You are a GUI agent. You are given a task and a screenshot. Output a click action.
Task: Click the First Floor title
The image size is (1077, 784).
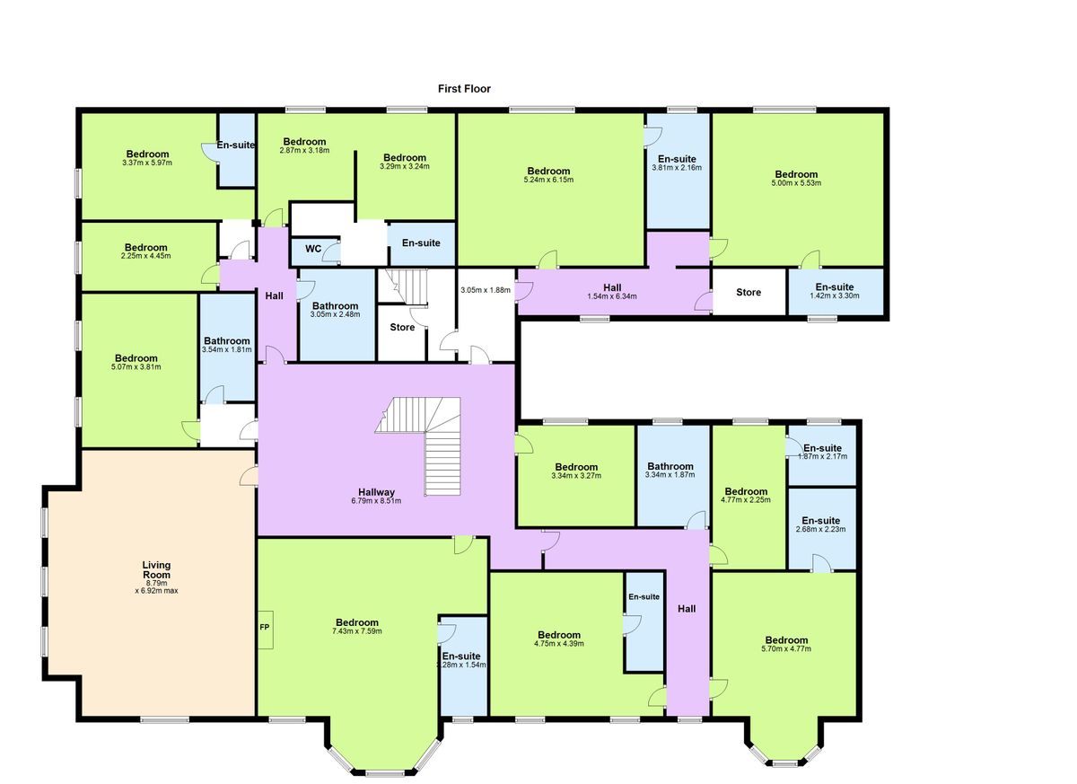(464, 89)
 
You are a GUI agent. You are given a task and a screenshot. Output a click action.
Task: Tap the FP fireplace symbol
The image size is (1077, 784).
(266, 630)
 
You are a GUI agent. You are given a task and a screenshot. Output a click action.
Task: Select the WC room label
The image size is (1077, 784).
(313, 249)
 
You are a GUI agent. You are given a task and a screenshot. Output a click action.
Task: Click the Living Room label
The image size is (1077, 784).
(157, 570)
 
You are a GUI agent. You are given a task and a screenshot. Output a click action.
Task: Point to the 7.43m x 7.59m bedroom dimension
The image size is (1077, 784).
(357, 631)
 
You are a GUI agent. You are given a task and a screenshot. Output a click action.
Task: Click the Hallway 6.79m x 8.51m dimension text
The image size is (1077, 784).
(376, 501)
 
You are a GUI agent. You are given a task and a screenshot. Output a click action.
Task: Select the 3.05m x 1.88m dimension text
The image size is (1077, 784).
(486, 290)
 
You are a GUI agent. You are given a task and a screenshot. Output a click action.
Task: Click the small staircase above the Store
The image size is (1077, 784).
(403, 286)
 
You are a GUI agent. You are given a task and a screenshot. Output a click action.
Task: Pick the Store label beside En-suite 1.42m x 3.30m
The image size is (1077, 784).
(749, 293)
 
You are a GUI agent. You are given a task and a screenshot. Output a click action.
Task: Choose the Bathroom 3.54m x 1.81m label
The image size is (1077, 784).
(226, 341)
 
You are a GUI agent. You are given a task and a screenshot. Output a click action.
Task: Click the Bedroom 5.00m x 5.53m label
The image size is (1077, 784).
(796, 174)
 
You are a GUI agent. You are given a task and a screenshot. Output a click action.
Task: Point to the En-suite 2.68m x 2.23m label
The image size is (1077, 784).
(820, 521)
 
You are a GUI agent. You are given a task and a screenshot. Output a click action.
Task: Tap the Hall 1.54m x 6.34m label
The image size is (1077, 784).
(612, 287)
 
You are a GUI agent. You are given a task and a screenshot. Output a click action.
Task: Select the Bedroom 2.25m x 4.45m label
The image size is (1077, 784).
(145, 248)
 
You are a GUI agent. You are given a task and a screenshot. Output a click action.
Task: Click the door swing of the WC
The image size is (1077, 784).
(332, 252)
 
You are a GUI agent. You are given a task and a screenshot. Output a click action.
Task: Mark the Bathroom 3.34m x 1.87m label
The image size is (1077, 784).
(670, 467)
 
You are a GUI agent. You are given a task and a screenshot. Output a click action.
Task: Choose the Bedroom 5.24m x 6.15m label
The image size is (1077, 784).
(548, 172)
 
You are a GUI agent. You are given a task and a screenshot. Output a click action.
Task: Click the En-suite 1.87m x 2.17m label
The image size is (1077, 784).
(822, 448)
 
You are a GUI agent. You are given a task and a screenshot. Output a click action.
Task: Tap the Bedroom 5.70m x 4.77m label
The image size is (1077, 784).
(786, 640)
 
